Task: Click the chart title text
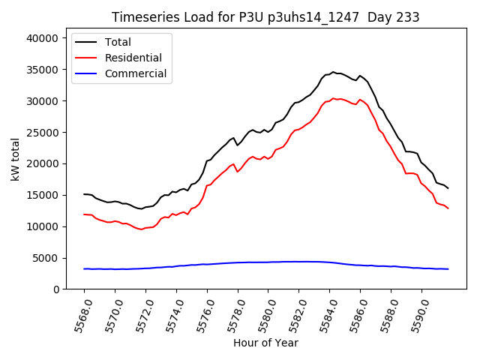tap(265, 17)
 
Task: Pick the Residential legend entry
tap(133, 58)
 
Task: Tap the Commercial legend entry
tap(136, 73)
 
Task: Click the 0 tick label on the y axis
tap(55, 289)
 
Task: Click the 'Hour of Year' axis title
tap(265, 343)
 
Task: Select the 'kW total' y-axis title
tap(15, 159)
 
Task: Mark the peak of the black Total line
tap(333, 72)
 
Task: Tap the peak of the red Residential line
tap(333, 98)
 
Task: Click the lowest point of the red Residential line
tap(141, 229)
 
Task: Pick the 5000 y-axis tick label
tap(46, 258)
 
